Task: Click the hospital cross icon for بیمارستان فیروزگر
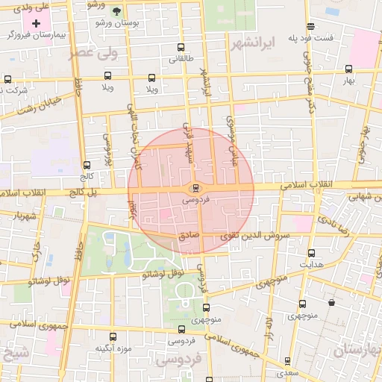coord(36,24)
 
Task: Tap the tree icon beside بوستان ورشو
coord(116,11)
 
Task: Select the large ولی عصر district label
coord(93,53)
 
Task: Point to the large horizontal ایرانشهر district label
coord(254,42)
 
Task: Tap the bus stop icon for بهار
coord(348,69)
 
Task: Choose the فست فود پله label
coord(332,37)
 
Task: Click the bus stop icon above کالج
coord(87,166)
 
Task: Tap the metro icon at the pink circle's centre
coord(195,188)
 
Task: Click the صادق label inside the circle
coord(189,235)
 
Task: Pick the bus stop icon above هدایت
coord(311,252)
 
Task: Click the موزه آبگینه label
coord(113,349)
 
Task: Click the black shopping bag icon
coord(331,303)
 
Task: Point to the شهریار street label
coord(24,216)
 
